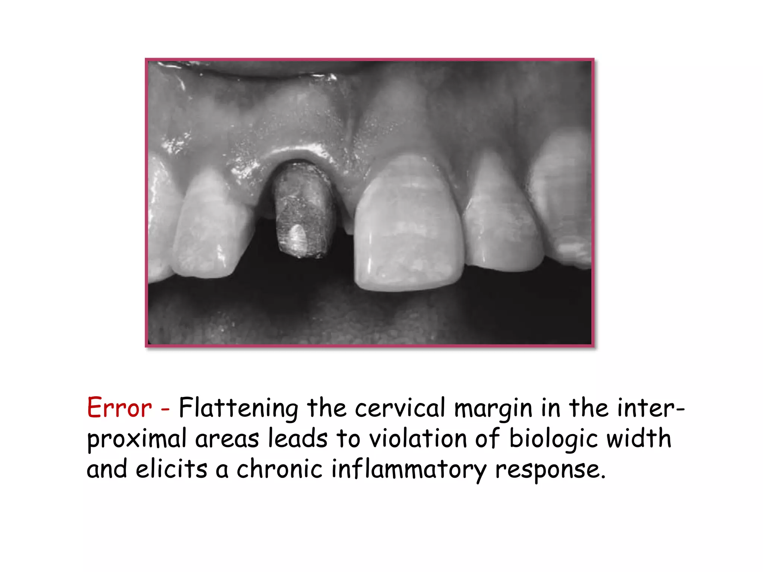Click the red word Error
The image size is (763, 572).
pyautogui.click(x=119, y=408)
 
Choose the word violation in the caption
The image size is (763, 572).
pyautogui.click(x=418, y=438)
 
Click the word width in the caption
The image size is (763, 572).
pyautogui.click(x=639, y=438)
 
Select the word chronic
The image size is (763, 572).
pyautogui.click(x=279, y=469)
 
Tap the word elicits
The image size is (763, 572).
pyautogui.click(x=171, y=469)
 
